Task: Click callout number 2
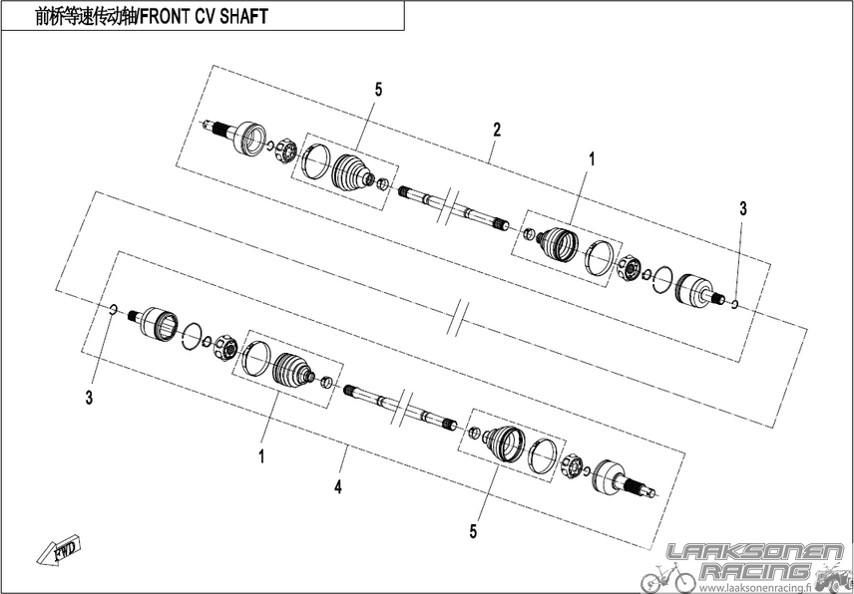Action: (x=496, y=130)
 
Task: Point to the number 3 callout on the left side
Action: (x=89, y=398)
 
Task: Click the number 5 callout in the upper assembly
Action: (x=378, y=90)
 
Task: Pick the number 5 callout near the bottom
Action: (x=473, y=531)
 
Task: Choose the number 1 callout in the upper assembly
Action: (x=592, y=159)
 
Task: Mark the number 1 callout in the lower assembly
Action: (x=261, y=456)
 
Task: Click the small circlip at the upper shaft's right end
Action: (x=734, y=304)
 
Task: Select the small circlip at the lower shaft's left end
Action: (x=113, y=310)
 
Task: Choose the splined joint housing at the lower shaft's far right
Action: (x=624, y=478)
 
